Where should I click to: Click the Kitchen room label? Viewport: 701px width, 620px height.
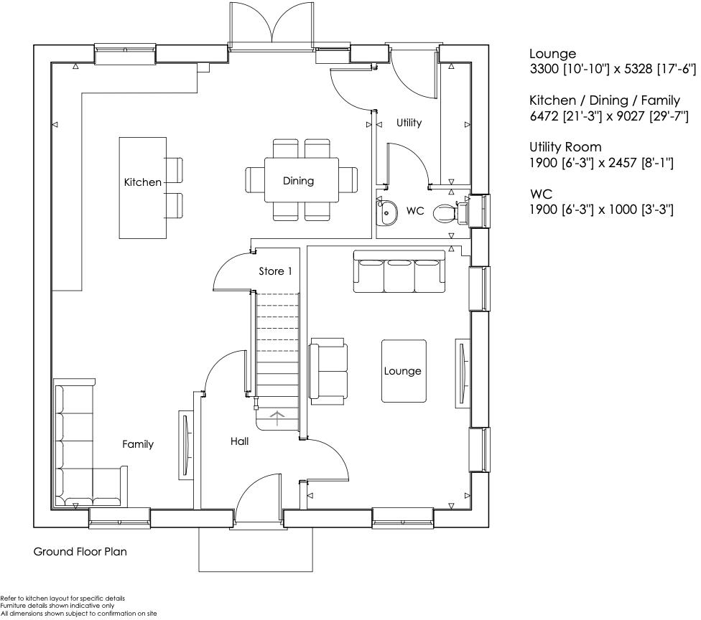click(143, 182)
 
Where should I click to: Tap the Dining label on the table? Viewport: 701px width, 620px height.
click(298, 181)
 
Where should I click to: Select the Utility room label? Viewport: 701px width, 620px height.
click(409, 123)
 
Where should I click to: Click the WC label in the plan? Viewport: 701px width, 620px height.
click(415, 211)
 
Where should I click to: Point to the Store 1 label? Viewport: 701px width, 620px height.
click(276, 271)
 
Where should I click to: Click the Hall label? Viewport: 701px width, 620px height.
click(239, 441)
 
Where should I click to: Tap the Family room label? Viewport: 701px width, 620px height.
click(137, 444)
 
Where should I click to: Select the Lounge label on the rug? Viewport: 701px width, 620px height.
click(402, 371)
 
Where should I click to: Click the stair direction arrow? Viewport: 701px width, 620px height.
click(277, 416)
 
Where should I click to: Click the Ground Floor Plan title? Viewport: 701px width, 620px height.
click(80, 552)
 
